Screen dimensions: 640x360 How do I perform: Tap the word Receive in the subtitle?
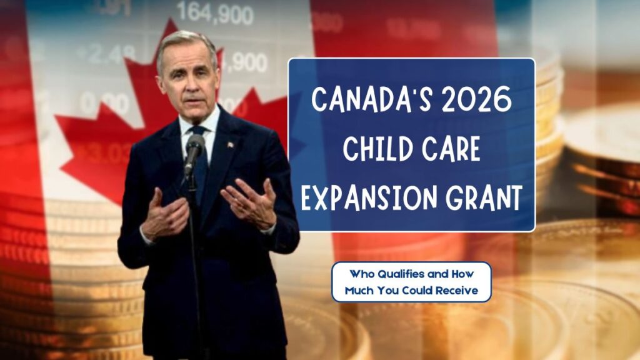pos(457,291)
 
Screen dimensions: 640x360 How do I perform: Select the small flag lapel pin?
pos(230,144)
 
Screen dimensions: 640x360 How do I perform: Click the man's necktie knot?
pos(199,131)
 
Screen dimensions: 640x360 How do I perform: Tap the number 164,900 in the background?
pos(216,13)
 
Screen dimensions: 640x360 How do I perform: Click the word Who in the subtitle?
pos(362,274)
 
